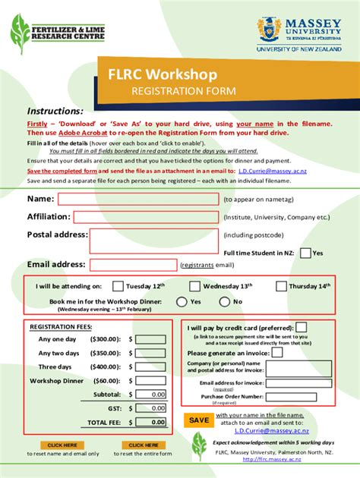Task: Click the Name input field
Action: click(138, 199)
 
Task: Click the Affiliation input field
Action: click(138, 216)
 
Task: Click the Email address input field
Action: click(133, 264)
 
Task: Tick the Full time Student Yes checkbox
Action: click(305, 253)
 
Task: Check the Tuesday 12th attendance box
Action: click(118, 287)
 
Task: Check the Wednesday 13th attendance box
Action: click(194, 287)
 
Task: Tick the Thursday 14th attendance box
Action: click(281, 287)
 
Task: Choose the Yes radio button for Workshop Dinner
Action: click(182, 301)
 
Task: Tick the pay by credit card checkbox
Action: click(302, 328)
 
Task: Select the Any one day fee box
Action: click(152, 340)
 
